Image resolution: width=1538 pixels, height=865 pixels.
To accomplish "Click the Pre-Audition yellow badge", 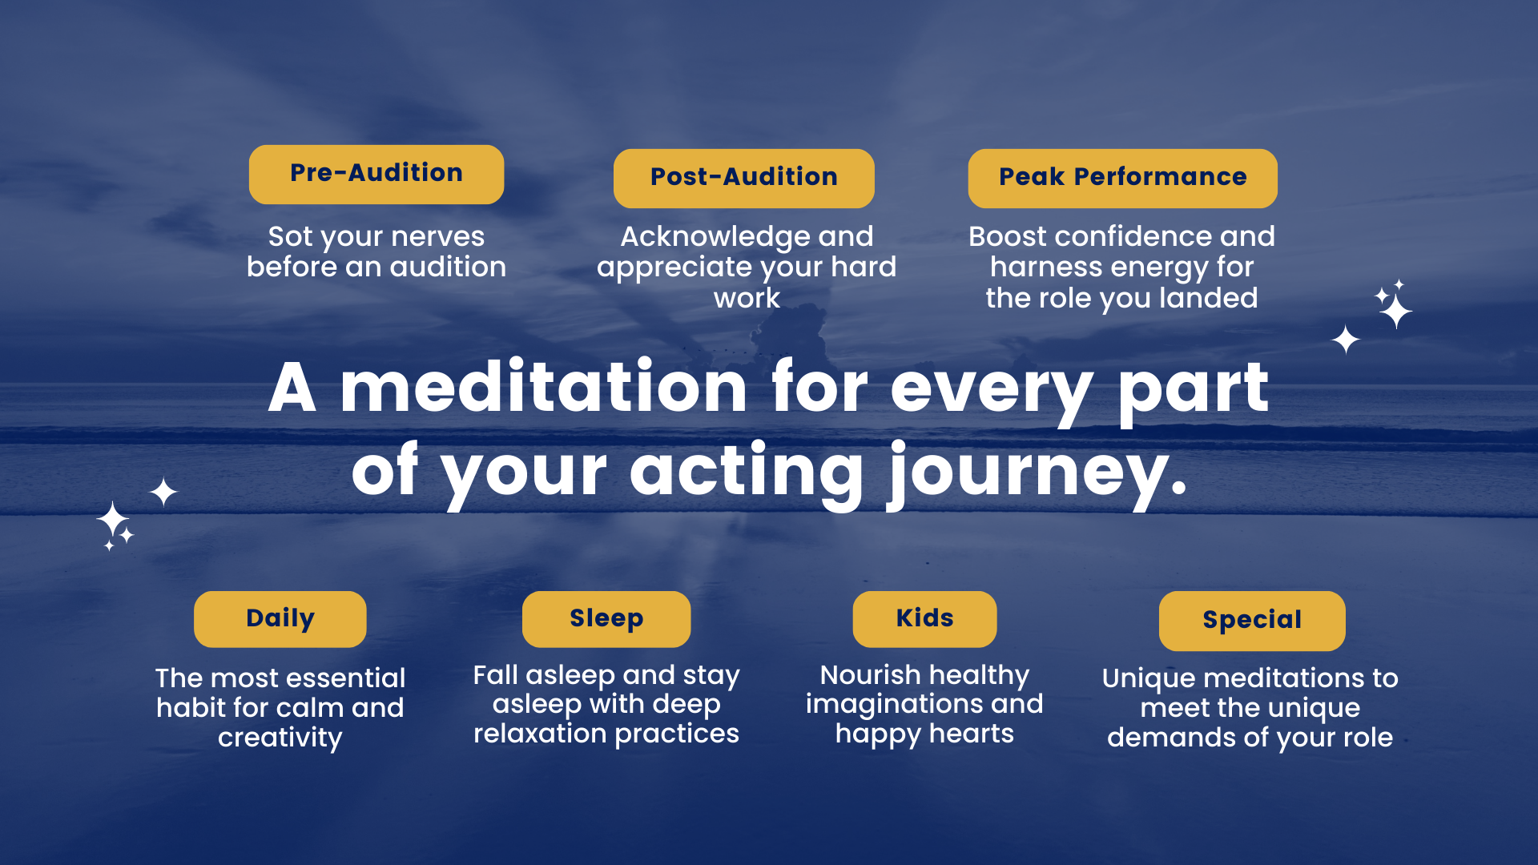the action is (x=376, y=174).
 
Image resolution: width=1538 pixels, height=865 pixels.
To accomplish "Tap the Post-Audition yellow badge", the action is (x=744, y=178).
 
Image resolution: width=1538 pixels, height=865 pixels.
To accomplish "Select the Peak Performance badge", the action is (x=1122, y=178).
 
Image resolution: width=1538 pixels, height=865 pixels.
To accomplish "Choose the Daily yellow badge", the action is (x=280, y=619).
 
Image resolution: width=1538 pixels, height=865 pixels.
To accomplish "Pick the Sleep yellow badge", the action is (x=606, y=619).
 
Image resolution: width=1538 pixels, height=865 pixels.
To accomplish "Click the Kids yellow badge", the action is (x=924, y=619).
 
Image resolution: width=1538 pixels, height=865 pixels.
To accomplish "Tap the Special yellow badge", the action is (x=1252, y=621).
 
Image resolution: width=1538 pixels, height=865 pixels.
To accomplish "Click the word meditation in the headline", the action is (x=544, y=388).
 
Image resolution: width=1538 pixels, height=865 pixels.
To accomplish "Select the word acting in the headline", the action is (x=747, y=474).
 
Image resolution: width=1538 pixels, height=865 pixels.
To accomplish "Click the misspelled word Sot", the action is (x=290, y=237).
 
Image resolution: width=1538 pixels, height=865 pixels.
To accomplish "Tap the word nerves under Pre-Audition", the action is (x=438, y=238).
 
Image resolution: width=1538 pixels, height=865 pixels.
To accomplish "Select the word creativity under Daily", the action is (x=280, y=738).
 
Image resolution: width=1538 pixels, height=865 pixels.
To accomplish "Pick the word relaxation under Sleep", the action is (x=540, y=734).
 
